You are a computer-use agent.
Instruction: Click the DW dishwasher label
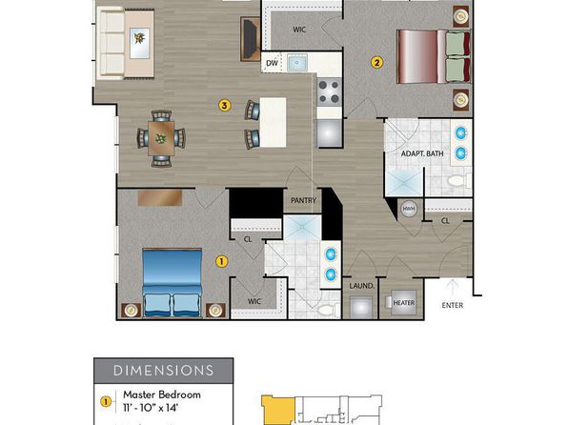272,63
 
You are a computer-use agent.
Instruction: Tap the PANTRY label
304,200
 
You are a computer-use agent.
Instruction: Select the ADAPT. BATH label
422,153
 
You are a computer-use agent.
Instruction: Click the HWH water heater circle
409,209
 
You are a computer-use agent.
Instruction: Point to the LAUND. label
361,286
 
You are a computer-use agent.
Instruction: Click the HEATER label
404,303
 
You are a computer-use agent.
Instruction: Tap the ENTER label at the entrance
453,306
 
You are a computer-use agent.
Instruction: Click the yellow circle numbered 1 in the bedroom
222,261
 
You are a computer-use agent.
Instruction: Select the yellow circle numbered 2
376,63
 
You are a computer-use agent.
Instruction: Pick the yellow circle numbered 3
225,106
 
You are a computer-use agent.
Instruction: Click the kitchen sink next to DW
297,63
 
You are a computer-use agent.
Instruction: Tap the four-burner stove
330,91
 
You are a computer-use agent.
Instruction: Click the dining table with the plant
161,138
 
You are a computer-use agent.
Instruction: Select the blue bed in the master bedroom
172,283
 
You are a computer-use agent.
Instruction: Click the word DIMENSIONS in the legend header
163,371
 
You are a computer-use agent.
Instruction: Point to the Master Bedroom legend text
162,395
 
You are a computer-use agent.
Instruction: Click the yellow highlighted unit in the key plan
278,410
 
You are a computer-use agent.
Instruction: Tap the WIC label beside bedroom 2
299,30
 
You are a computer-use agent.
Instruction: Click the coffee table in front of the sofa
139,43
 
